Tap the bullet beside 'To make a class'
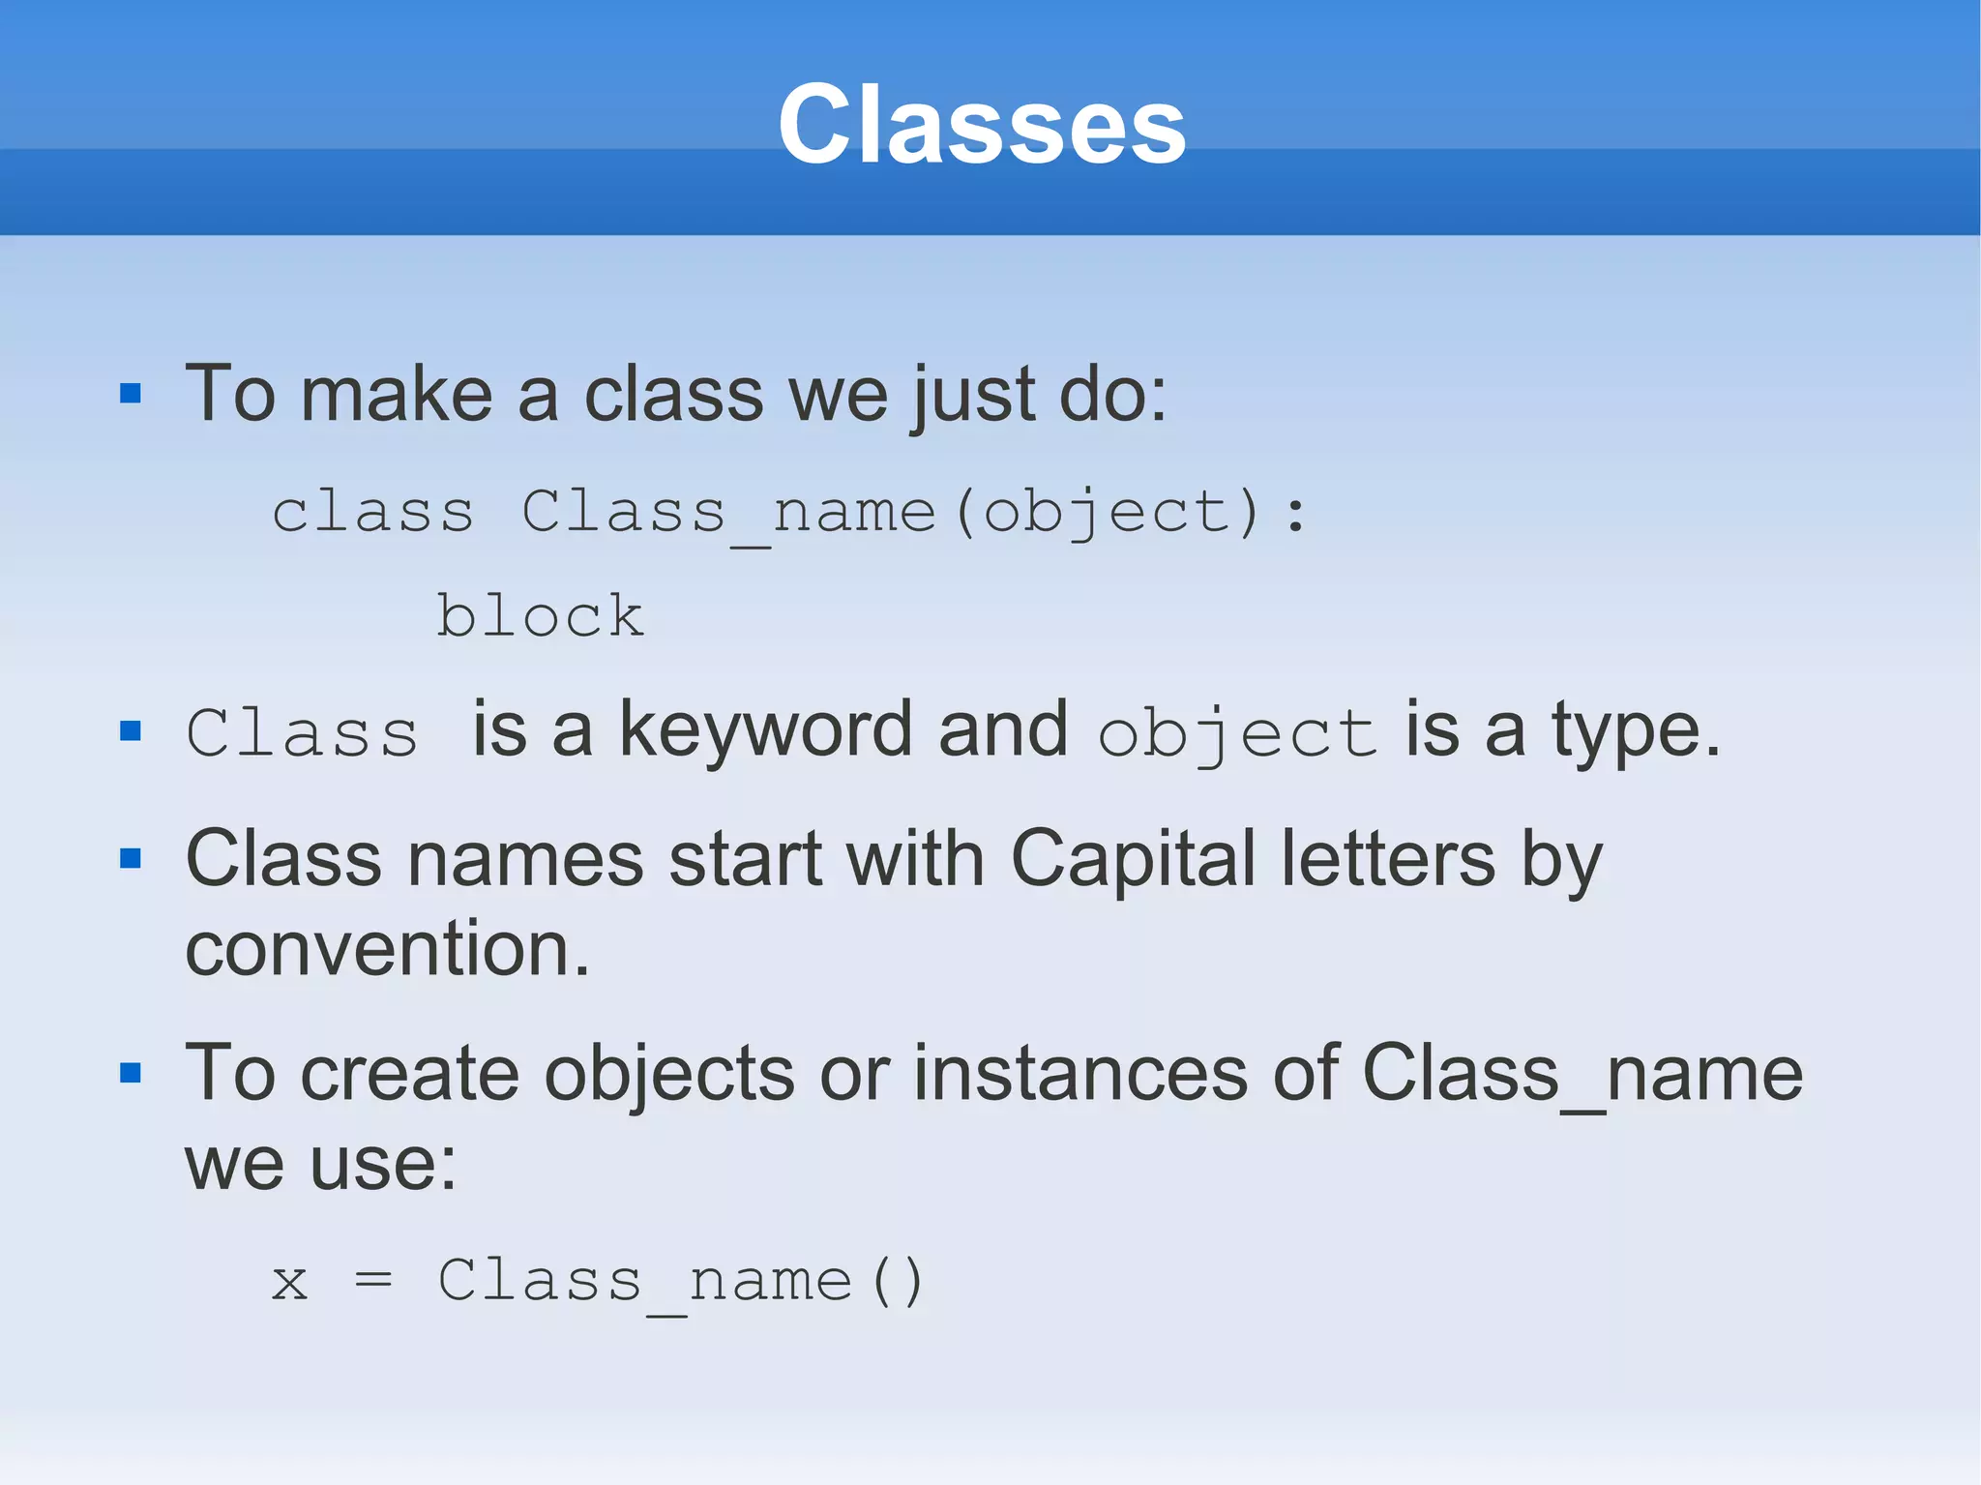tap(131, 394)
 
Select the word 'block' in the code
tap(540, 615)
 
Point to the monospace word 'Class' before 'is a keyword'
tap(302, 732)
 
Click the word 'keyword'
tap(765, 730)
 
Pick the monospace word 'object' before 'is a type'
tap(1237, 734)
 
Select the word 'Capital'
tap(1133, 859)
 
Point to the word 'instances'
tap(1080, 1073)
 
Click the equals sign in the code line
tap(373, 1281)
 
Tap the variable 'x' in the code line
tap(289, 1283)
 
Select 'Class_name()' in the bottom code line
tap(681, 1283)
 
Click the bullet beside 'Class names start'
tap(131, 858)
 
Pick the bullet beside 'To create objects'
tap(131, 1073)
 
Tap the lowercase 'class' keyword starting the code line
tap(373, 512)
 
